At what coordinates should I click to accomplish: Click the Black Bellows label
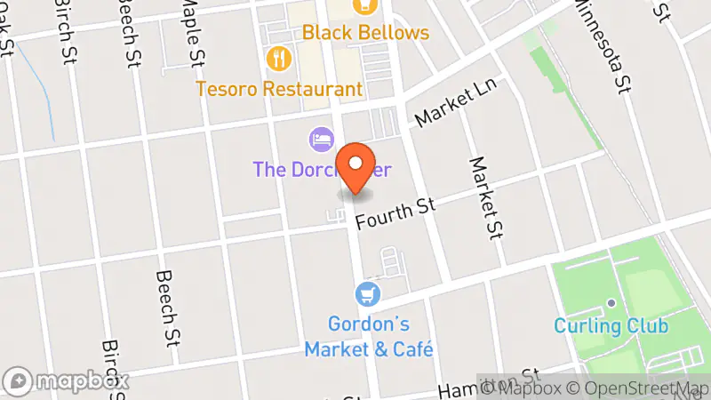(x=365, y=33)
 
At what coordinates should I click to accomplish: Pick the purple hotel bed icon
(x=321, y=139)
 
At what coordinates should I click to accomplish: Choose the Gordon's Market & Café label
(x=369, y=336)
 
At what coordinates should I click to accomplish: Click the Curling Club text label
(x=611, y=325)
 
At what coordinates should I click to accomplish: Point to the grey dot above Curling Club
(x=611, y=303)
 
